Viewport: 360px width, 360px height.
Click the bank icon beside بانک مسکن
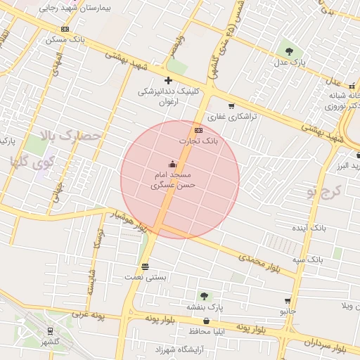[65, 29]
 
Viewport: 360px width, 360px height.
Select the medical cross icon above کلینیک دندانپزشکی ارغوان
[168, 80]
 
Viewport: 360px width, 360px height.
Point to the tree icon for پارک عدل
[289, 51]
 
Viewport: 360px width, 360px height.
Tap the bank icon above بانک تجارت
[198, 130]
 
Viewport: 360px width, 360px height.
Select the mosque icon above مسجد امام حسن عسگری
[173, 163]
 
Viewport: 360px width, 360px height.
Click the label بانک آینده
[309, 229]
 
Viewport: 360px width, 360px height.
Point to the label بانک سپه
[309, 259]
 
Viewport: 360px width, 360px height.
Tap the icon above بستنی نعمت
[146, 266]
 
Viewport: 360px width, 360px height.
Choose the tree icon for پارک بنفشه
[205, 296]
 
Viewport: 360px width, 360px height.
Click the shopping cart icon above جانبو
[287, 300]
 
